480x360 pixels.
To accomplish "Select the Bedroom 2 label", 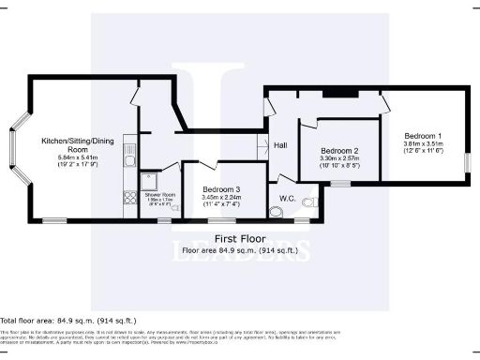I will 339,151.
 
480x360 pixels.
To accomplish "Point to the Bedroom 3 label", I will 221,189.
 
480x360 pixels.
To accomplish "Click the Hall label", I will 280,145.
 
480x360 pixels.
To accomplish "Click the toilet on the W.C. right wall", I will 316,200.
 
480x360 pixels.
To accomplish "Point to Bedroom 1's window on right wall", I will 468,160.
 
